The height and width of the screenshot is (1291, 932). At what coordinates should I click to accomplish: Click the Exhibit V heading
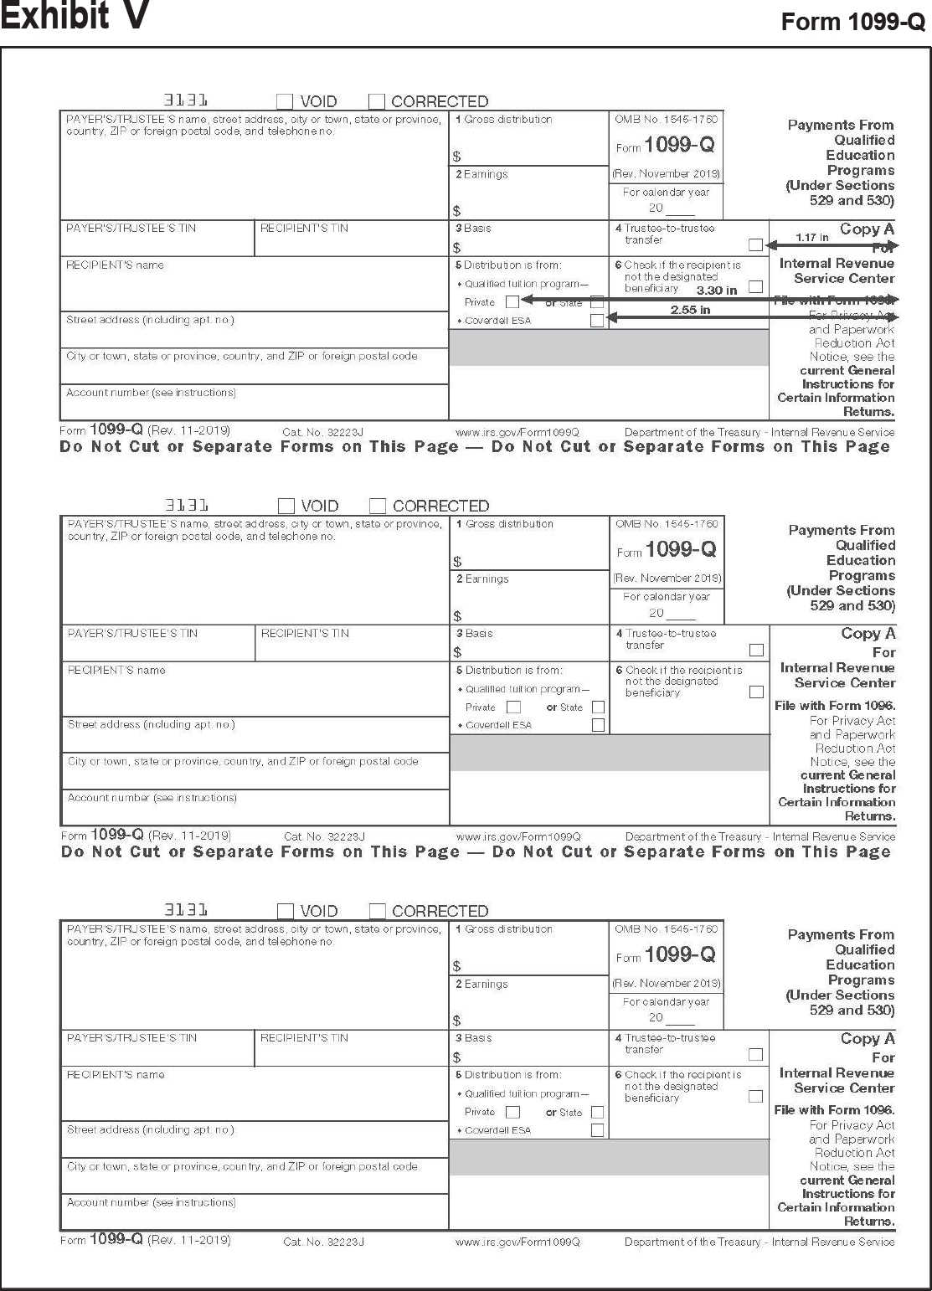coord(75,16)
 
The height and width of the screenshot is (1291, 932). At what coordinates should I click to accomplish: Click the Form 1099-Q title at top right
coord(852,23)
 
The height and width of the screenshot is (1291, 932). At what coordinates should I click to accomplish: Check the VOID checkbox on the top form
coord(285,101)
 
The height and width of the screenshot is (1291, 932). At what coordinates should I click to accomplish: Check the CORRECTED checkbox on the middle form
coord(378,506)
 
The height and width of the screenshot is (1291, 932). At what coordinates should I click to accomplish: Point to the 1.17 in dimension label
coord(812,238)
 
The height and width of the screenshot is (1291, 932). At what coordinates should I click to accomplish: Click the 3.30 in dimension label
coord(717,291)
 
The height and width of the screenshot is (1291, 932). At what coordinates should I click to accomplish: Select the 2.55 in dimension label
coord(690,310)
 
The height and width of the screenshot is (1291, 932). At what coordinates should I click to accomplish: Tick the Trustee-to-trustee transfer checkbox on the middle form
coord(756,650)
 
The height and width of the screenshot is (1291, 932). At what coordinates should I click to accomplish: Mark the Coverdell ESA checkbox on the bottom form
coord(597,1130)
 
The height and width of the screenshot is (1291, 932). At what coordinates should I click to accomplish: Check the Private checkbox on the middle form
coord(513,707)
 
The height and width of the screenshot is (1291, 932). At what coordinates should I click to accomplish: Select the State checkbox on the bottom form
coord(597,1112)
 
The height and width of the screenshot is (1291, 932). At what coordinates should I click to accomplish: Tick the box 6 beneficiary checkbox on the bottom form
coord(755,1096)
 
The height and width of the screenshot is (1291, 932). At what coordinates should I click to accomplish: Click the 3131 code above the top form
coord(186,100)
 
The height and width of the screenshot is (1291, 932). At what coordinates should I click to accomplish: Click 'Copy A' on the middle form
coord(868,634)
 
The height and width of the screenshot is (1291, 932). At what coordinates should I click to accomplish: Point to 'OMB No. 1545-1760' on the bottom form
coord(666,928)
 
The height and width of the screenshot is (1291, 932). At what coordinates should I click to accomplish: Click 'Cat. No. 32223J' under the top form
coord(322,433)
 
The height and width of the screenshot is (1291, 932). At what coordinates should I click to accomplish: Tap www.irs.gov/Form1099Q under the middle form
coord(517,836)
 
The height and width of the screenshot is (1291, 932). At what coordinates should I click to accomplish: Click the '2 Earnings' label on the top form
coord(481,174)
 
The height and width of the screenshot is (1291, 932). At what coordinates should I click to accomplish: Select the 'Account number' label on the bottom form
coord(151,1202)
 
